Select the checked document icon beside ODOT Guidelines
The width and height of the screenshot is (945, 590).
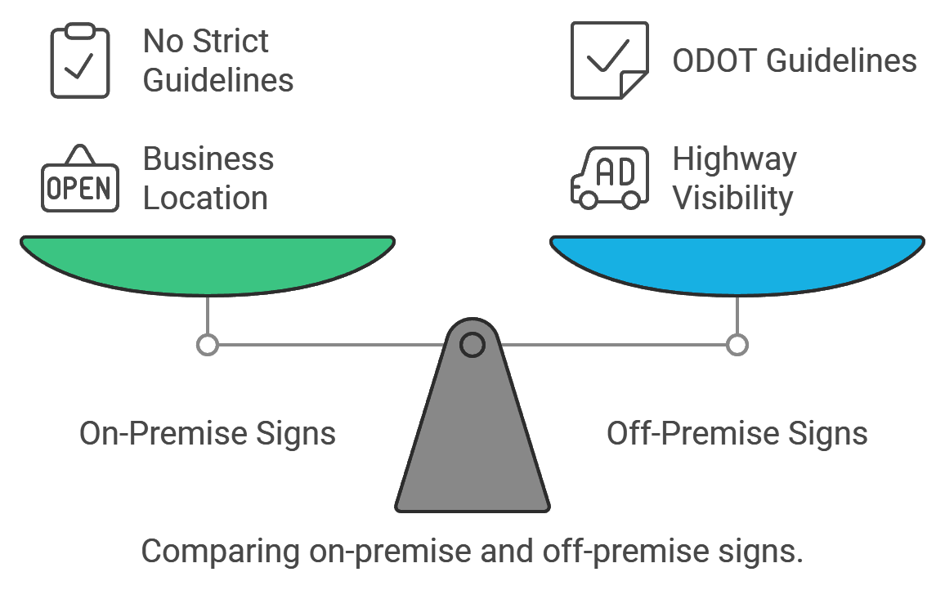click(x=609, y=60)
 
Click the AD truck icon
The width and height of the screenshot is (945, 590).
click(x=609, y=177)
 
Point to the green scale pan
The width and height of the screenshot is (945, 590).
click(x=208, y=263)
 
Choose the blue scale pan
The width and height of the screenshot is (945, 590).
click(x=737, y=263)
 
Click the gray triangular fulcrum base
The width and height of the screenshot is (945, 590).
click(x=472, y=441)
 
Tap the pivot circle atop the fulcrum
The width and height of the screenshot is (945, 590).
click(x=472, y=345)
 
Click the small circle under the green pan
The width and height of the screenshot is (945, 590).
click(x=208, y=345)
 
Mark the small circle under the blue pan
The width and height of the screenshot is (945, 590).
click(x=737, y=345)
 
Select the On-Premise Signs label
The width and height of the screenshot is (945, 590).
click(x=208, y=433)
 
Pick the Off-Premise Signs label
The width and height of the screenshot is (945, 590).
click(x=737, y=433)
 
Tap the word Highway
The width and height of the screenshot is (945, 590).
click(x=734, y=159)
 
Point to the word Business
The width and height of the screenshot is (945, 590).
click(x=208, y=159)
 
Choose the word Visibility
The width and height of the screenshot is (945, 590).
click(x=732, y=199)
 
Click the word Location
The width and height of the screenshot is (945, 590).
click(x=205, y=199)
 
